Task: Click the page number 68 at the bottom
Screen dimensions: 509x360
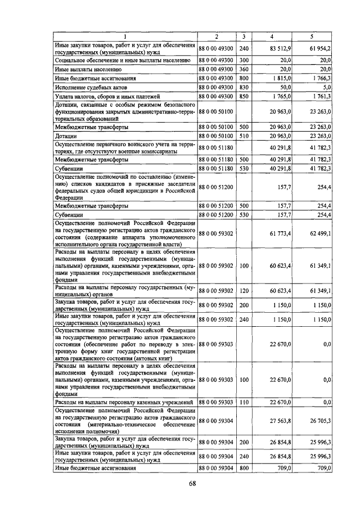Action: [191, 483]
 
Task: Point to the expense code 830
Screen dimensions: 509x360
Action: [244, 88]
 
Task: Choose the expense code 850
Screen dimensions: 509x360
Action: [244, 97]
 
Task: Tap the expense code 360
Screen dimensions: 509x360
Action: [244, 69]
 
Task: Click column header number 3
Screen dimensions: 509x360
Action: [244, 37]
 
